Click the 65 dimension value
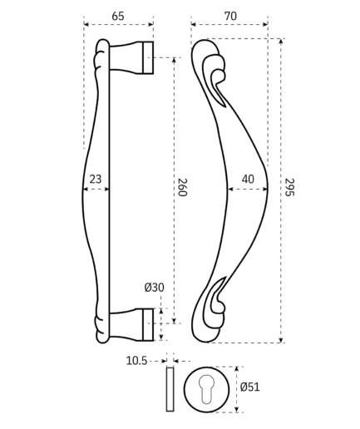click(x=118, y=16)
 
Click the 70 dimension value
click(x=230, y=16)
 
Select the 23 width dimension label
click(x=96, y=179)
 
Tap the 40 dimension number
click(x=248, y=179)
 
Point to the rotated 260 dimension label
click(x=182, y=187)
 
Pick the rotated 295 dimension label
click(x=289, y=187)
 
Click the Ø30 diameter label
click(x=154, y=288)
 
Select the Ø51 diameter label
click(x=250, y=387)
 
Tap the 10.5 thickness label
click(x=136, y=361)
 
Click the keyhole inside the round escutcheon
click(x=206, y=389)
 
